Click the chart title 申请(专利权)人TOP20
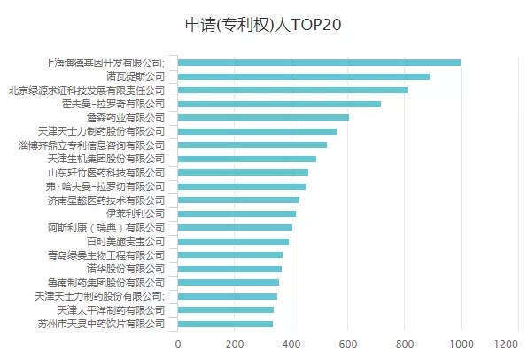263,24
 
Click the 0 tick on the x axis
178,344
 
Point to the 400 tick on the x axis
291,344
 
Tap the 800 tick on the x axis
404,344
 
